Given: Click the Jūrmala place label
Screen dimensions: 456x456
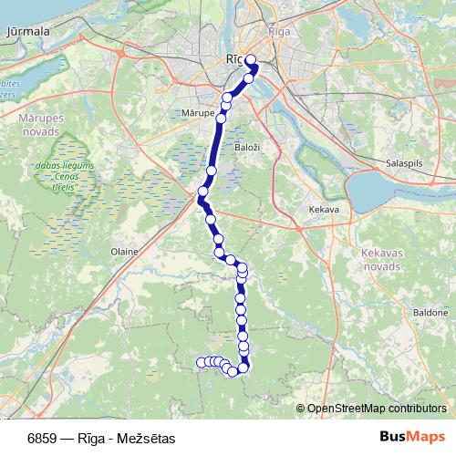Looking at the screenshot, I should (27, 31).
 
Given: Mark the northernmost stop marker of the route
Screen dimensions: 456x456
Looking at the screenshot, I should (251, 60).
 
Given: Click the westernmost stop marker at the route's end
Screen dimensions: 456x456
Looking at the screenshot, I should (201, 363).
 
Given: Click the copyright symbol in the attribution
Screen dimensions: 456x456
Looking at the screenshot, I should (300, 408).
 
